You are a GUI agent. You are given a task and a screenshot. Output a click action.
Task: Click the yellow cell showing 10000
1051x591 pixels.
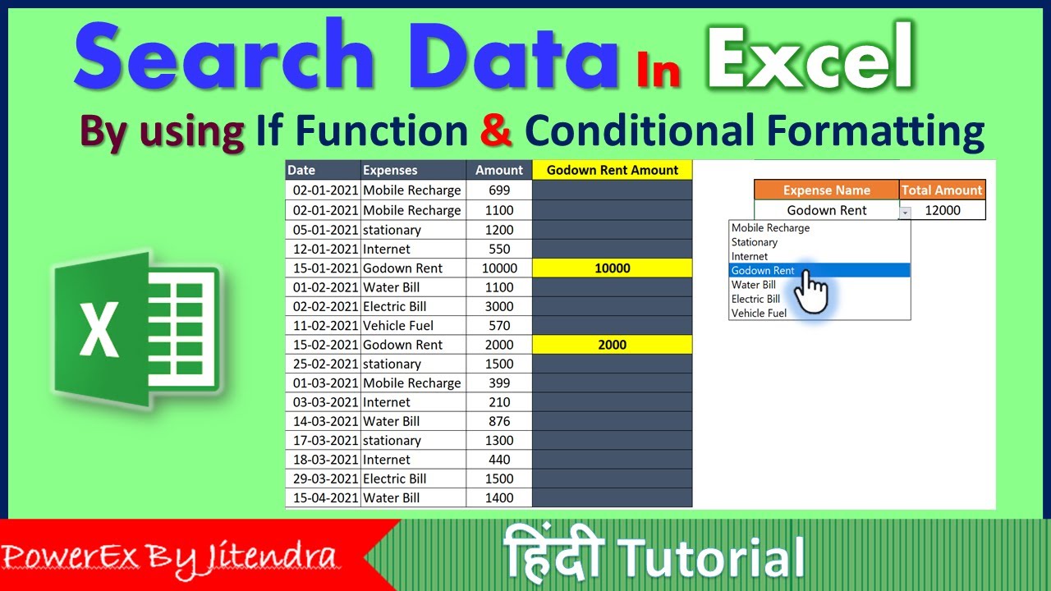pos(612,268)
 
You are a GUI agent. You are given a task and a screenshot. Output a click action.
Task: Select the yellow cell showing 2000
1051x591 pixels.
pos(612,345)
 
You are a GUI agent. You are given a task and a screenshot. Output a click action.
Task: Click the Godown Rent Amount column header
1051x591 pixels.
pos(612,170)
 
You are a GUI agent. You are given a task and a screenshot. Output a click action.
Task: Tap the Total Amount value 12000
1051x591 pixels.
pos(942,210)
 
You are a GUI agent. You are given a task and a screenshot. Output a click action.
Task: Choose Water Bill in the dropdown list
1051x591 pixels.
pos(754,285)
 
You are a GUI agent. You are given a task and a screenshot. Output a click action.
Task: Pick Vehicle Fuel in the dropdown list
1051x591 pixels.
pos(759,313)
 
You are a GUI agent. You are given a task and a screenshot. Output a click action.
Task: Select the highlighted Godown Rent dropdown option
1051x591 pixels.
pos(763,270)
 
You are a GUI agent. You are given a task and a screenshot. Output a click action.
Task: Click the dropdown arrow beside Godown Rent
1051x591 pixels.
pos(905,212)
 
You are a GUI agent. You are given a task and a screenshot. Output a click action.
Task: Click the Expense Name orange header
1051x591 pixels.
pos(826,190)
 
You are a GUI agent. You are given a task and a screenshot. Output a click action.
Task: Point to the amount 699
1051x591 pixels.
pos(498,190)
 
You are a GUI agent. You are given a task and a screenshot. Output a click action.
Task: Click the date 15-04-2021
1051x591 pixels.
pos(323,497)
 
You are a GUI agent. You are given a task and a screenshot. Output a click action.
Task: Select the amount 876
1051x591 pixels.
pos(498,421)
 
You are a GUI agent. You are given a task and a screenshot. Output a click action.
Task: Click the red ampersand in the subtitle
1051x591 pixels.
pos(496,131)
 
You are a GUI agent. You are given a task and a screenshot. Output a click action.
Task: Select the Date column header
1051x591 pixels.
pos(301,170)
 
